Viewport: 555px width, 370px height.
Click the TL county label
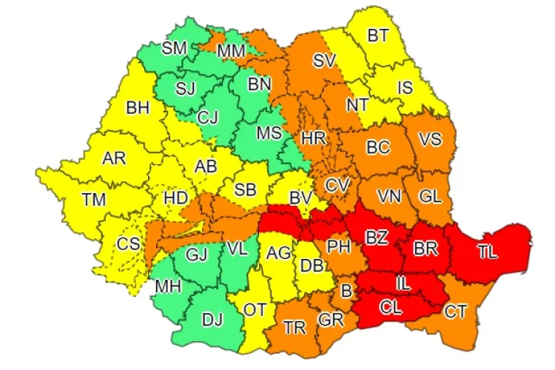[487, 252]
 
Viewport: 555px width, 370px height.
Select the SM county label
[175, 49]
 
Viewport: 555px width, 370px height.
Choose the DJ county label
[212, 320]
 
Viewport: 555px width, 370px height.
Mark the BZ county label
[376, 238]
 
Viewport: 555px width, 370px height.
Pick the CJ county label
[208, 116]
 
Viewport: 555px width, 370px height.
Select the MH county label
[166, 286]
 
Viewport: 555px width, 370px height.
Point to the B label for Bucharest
[346, 291]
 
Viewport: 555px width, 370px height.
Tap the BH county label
[138, 108]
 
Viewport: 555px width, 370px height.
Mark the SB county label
[245, 190]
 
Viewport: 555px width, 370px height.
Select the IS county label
[405, 88]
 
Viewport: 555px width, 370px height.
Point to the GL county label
[430, 196]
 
